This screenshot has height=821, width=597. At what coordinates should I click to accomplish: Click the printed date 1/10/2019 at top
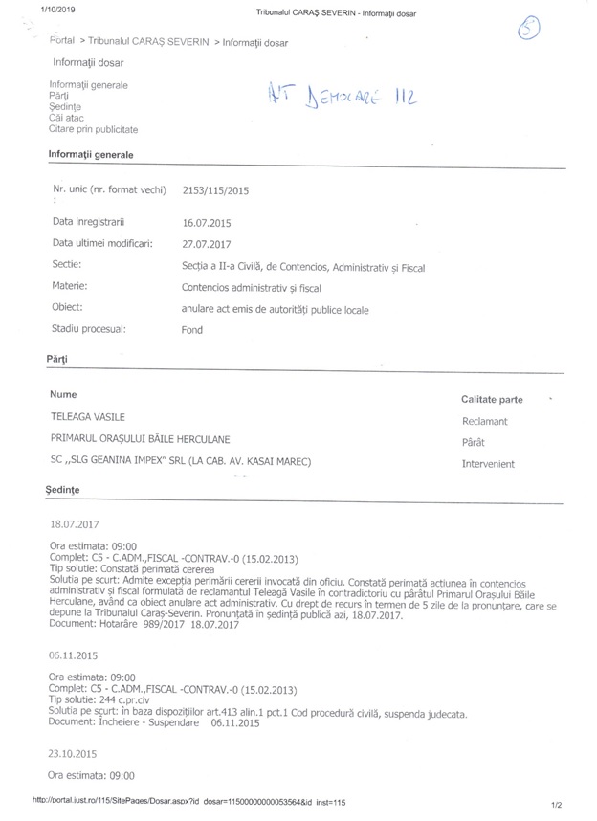[58, 9]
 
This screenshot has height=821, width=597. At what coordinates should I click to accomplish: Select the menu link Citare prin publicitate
[94, 128]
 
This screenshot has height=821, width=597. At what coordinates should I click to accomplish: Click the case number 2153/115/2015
[215, 191]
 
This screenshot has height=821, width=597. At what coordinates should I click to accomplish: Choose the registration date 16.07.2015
[206, 222]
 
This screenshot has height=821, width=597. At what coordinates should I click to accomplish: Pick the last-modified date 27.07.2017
[206, 243]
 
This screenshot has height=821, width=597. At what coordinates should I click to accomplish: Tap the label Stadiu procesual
[89, 328]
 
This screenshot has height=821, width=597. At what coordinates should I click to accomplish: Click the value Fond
[191, 329]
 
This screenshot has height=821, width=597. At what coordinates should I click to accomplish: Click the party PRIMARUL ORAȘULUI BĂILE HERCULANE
[140, 439]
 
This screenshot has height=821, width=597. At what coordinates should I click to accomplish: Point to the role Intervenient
[488, 464]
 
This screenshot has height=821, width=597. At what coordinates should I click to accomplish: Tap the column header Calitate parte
[492, 397]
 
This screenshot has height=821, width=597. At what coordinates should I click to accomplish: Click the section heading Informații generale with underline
[91, 154]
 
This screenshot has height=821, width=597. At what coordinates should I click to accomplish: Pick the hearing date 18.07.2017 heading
[74, 524]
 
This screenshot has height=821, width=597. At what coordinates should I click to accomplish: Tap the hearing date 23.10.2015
[74, 753]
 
